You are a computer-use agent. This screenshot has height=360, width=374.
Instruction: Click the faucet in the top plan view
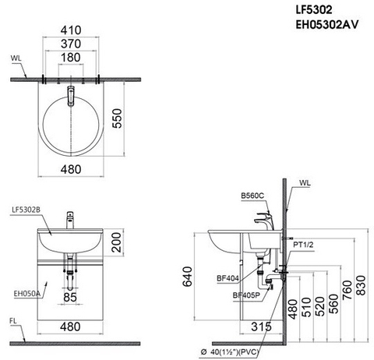(x=71, y=95)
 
